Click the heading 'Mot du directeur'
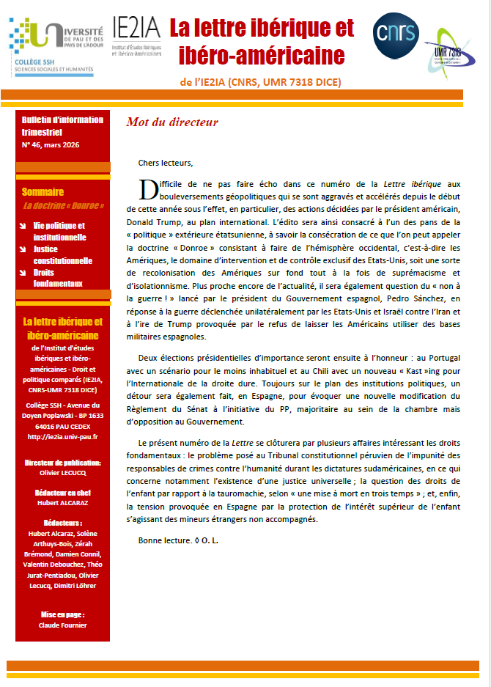[x=172, y=122]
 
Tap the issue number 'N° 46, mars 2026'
[x=51, y=144]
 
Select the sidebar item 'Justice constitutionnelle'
[x=62, y=254]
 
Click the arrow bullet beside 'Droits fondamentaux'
[x=23, y=272]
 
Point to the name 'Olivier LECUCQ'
[x=62, y=473]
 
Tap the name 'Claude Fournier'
[x=62, y=625]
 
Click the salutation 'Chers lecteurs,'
[x=165, y=163]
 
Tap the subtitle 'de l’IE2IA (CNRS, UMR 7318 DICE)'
[x=260, y=81]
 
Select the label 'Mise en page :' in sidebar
[x=62, y=614]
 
